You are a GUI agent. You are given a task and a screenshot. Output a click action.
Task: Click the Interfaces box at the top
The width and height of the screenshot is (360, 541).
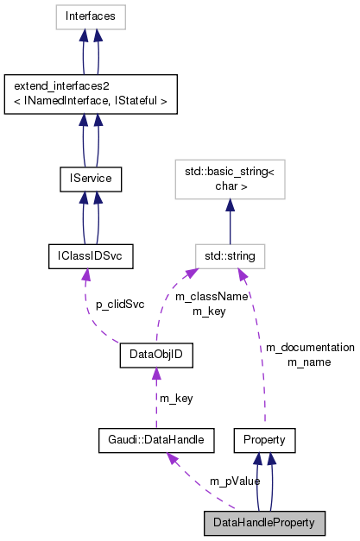(x=90, y=16)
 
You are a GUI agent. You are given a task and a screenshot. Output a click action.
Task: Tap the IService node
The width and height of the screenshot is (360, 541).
(x=90, y=179)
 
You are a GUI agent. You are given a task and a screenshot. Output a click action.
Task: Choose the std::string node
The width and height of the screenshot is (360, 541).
(x=230, y=256)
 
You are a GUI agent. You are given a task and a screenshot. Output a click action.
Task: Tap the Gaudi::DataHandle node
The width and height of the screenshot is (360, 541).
(x=155, y=440)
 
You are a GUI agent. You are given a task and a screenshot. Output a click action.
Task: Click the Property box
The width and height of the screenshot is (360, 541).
(x=265, y=440)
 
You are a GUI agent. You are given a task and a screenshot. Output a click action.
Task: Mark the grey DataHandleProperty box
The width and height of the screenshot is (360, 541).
(x=265, y=523)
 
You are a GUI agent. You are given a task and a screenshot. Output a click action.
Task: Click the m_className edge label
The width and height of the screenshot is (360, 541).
(x=212, y=296)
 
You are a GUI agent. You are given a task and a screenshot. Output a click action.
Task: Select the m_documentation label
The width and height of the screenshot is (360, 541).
(x=309, y=347)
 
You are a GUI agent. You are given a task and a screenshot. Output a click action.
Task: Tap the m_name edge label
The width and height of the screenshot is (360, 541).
(x=309, y=362)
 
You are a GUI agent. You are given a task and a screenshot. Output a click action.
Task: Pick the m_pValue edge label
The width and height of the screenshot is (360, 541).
(x=234, y=481)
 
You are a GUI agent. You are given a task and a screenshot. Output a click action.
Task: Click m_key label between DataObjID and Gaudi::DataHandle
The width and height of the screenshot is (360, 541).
(x=175, y=398)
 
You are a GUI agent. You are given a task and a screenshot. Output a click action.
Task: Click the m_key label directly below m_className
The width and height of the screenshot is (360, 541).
(x=208, y=311)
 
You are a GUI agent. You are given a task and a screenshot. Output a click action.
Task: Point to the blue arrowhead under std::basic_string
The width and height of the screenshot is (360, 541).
(x=230, y=206)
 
